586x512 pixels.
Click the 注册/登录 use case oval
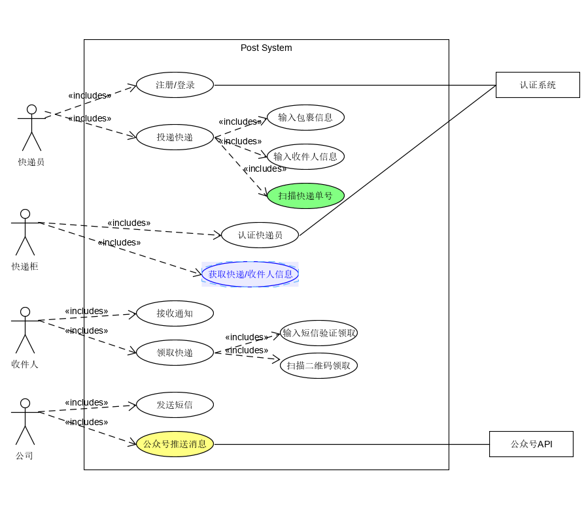(175, 85)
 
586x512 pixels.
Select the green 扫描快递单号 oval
(305, 196)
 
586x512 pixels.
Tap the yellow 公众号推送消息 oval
(175, 444)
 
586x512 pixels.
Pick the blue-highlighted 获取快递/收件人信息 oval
(250, 274)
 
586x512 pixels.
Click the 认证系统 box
(538, 85)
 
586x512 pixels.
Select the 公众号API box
(531, 444)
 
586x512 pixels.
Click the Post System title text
(266, 48)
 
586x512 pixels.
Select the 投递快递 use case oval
(175, 137)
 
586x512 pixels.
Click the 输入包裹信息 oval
(305, 118)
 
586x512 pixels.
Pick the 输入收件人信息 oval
(305, 157)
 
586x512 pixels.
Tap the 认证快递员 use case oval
(260, 235)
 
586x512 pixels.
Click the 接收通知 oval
(175, 313)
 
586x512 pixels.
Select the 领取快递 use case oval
(175, 353)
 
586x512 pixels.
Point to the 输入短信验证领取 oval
(319, 333)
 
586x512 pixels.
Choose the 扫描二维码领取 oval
(319, 366)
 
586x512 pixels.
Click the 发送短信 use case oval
(175, 405)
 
